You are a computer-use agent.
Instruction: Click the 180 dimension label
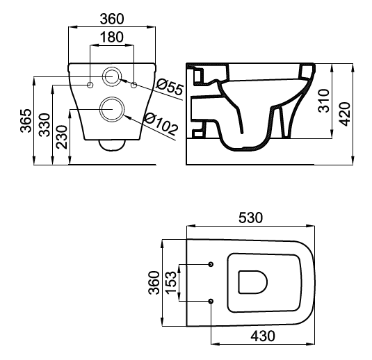click(112, 38)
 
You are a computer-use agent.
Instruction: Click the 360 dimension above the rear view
click(112, 19)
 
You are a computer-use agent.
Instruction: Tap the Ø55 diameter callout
click(170, 86)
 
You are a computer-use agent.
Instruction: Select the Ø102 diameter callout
click(161, 124)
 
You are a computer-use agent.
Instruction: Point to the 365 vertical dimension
click(26, 120)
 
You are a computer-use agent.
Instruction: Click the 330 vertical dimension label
click(45, 125)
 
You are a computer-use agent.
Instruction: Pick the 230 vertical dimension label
click(62, 137)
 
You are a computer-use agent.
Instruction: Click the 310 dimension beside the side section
click(324, 101)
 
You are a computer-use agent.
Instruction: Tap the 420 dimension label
click(344, 114)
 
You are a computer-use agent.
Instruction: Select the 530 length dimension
click(251, 218)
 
